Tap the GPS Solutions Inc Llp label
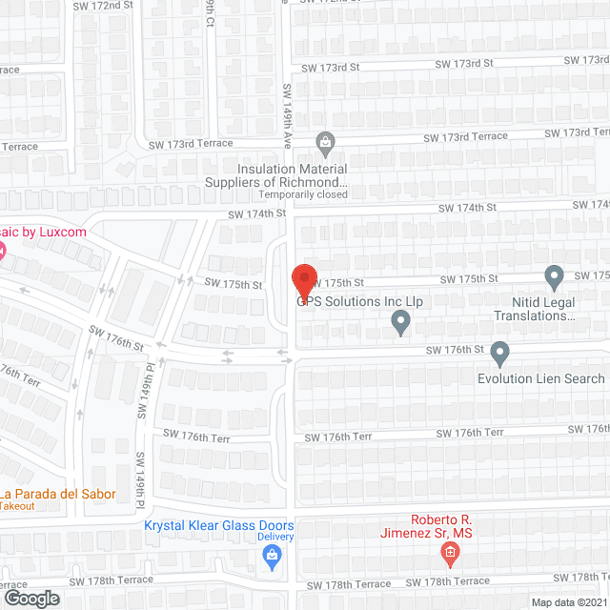coord(358,301)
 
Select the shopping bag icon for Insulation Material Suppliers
coord(326,144)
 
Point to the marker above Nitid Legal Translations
coord(555,278)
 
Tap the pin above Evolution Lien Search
coord(499,355)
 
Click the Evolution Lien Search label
coord(540,378)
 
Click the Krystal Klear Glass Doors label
coord(218,525)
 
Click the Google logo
coord(30,598)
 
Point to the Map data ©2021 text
coord(568,602)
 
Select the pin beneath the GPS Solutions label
coord(401,325)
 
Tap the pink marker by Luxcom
coord(2,252)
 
